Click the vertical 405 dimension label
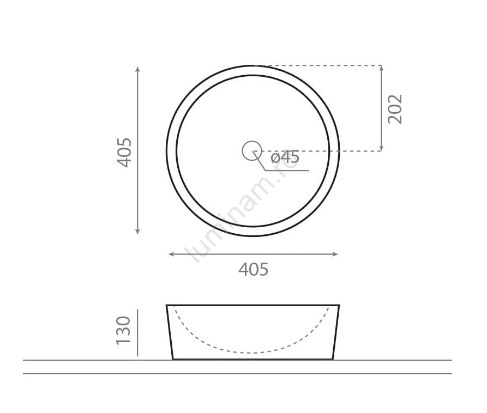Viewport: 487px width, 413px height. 124,153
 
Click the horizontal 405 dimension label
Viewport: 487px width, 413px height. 254,269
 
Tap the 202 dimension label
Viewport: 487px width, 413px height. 395,109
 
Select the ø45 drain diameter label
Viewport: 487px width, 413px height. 285,157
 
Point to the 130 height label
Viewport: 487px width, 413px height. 123,331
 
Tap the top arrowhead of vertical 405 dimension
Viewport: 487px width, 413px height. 137,68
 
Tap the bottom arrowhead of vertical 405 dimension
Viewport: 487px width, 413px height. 137,232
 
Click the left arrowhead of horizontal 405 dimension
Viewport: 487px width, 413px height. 171,254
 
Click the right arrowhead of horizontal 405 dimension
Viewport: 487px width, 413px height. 335,254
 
